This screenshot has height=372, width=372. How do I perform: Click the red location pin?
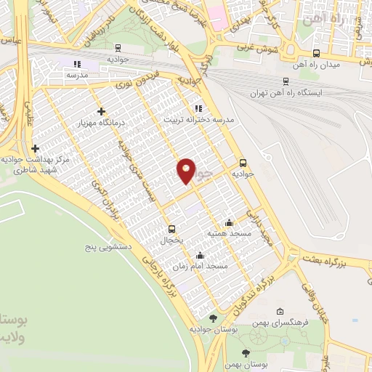click(186, 170)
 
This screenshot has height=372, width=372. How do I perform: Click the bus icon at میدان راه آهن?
click(315, 53)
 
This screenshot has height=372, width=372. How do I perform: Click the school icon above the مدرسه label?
click(78, 65)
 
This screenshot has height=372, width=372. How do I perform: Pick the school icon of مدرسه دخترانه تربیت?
click(198, 108)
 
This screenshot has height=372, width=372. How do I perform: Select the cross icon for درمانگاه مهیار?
click(101, 112)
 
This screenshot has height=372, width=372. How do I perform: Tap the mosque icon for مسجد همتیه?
click(230, 223)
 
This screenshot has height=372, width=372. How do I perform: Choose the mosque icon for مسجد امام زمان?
click(200, 255)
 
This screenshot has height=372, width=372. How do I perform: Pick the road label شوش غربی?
click(256, 47)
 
